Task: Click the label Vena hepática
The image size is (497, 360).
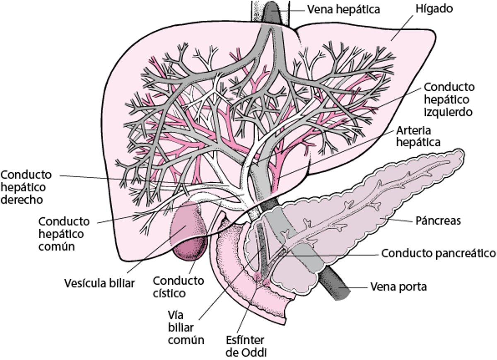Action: tap(343, 9)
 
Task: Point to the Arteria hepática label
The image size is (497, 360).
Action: tap(418, 136)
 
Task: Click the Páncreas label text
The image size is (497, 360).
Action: tap(438, 220)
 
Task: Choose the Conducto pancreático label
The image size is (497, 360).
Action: tap(438, 253)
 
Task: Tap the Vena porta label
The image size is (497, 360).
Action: tap(398, 287)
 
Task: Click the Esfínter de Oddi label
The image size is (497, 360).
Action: tap(245, 347)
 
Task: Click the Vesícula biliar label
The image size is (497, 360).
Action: tap(99, 284)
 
